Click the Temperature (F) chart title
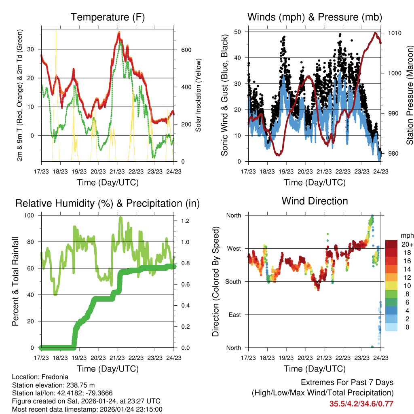pyautogui.click(x=108, y=17)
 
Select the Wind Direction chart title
pyautogui.click(x=315, y=201)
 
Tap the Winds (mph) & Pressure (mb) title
pyautogui.click(x=315, y=17)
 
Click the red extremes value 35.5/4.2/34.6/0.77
pyautogui.click(x=361, y=403)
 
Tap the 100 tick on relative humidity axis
pyautogui.click(x=31, y=215)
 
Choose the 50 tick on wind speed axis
pyautogui.click(x=237, y=32)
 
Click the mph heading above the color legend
pyautogui.click(x=406, y=235)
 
